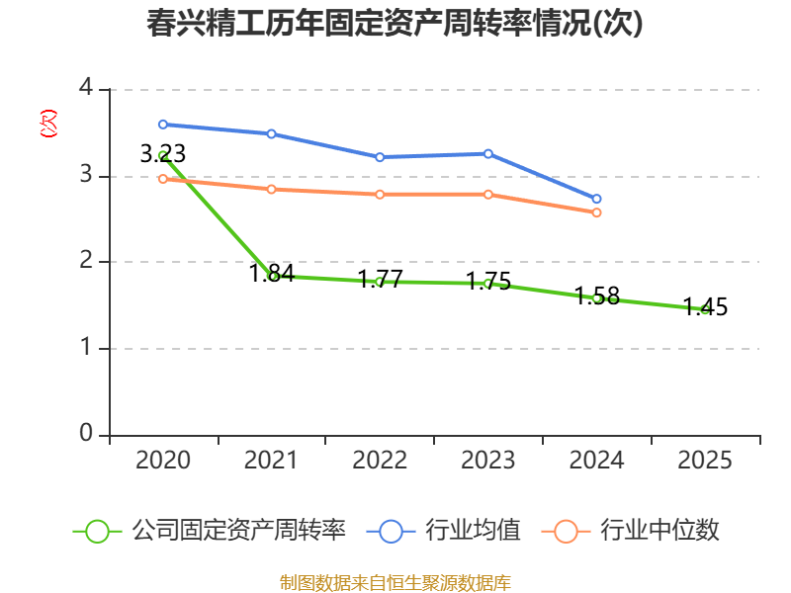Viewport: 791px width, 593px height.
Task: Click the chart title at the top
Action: [395, 23]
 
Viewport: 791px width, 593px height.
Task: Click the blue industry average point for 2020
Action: [163, 125]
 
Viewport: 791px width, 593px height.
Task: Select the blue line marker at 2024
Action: [596, 199]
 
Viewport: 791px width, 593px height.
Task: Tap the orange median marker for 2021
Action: [271, 189]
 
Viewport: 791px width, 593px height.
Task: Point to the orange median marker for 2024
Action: [596, 212]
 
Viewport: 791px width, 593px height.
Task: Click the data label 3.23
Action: [163, 153]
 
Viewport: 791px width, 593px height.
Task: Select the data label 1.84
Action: [271, 273]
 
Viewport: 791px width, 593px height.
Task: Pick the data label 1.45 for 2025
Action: [705, 306]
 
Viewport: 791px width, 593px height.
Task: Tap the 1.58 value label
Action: [597, 296]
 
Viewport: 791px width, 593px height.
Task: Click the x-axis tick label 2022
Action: [380, 460]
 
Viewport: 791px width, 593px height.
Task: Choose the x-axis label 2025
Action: [705, 460]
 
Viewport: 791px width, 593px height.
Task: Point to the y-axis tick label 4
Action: [86, 87]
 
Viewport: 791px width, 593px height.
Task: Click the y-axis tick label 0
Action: [86, 433]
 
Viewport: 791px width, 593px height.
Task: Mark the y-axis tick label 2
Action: [86, 260]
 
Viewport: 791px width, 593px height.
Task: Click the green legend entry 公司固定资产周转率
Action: [210, 531]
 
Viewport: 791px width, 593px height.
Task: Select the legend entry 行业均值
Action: [443, 531]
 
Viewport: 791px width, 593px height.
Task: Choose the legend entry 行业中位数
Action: [630, 531]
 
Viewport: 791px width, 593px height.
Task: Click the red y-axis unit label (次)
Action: [48, 124]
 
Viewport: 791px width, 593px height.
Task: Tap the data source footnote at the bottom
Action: [395, 583]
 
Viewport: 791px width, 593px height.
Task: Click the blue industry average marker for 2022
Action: [380, 157]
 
